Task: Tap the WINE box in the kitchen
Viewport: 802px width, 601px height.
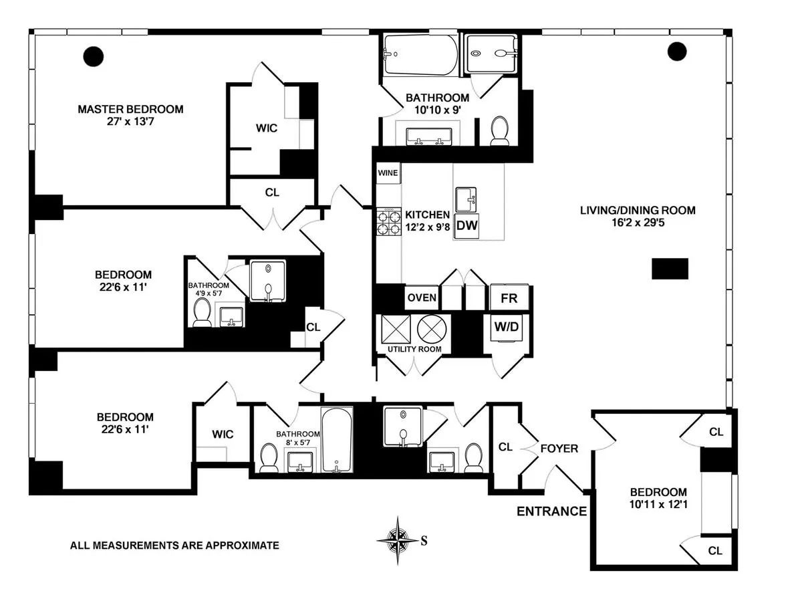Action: coord(388,173)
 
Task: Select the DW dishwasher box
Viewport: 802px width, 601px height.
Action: coord(467,226)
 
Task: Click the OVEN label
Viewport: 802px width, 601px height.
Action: coord(422,297)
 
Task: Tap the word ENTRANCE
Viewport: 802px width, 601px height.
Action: coord(551,512)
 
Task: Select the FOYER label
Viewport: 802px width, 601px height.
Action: coord(559,449)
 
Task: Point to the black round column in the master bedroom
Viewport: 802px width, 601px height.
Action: coord(92,55)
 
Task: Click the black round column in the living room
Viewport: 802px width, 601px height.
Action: coord(676,51)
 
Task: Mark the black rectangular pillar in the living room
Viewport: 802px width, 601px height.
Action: coord(670,269)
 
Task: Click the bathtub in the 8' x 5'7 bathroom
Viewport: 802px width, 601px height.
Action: coord(337,441)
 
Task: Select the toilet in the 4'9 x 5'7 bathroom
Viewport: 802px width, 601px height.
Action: coord(201,313)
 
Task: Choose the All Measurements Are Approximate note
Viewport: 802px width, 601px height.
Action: coord(174,546)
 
